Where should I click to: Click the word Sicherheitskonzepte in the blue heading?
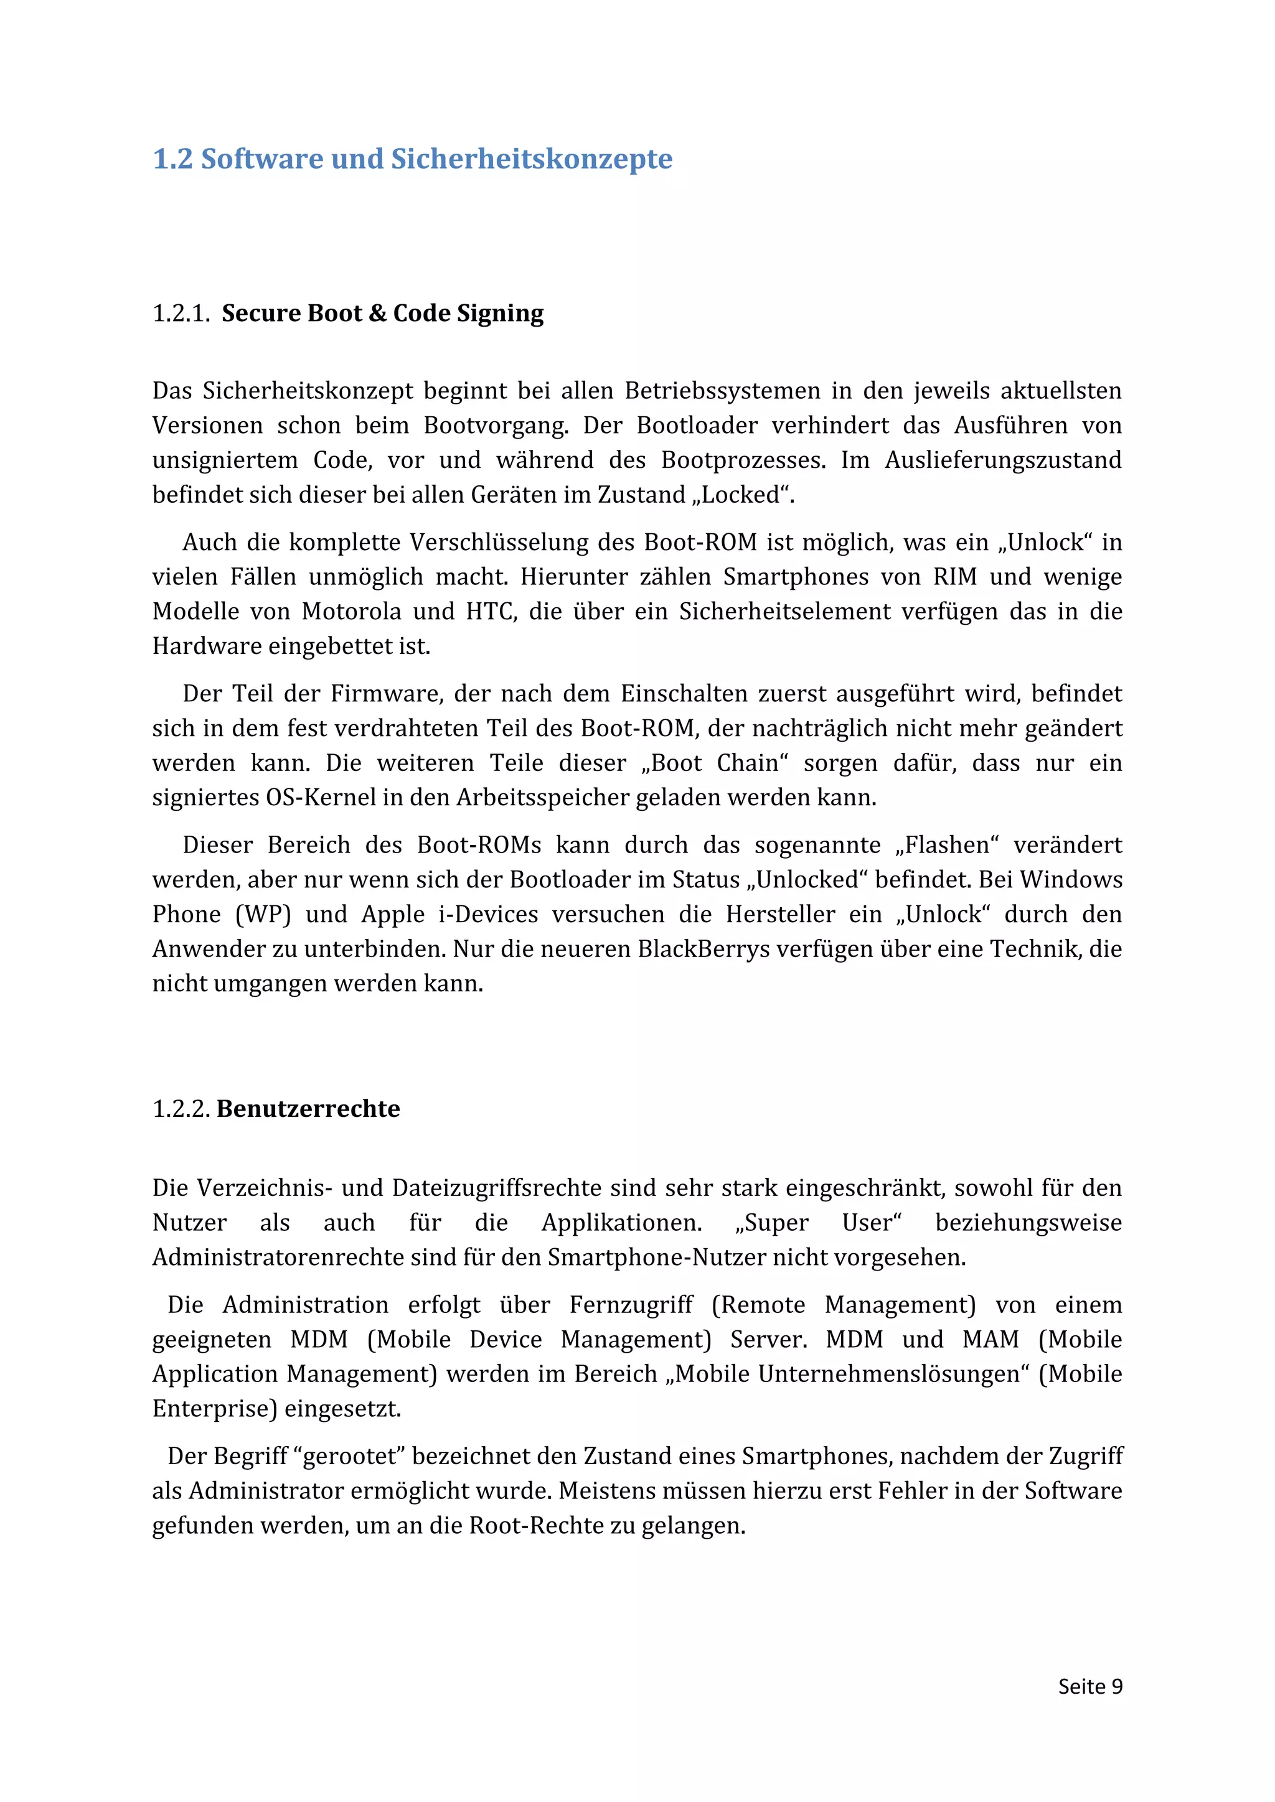tap(532, 159)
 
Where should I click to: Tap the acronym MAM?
tap(990, 1339)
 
